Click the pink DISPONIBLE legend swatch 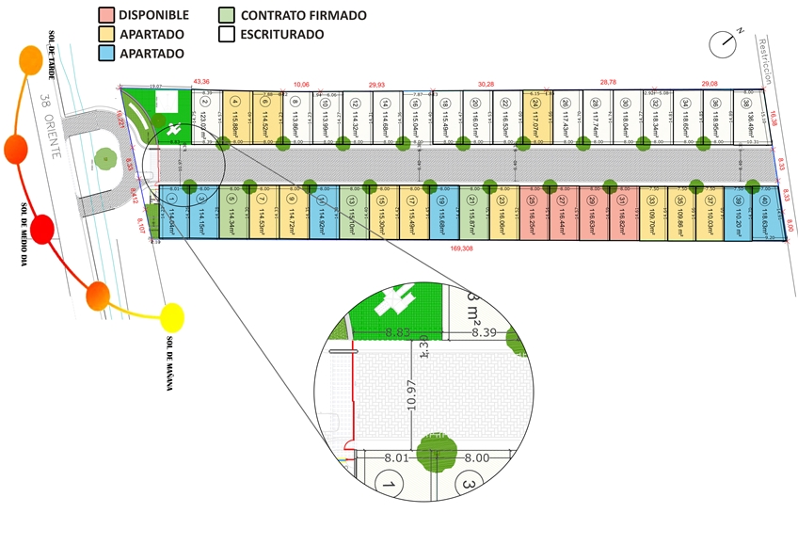pyautogui.click(x=107, y=15)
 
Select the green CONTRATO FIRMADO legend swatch pyautogui.click(x=227, y=15)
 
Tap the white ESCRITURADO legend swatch pyautogui.click(x=227, y=34)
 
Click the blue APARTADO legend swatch pyautogui.click(x=107, y=54)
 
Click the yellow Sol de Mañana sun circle pyautogui.click(x=171, y=317)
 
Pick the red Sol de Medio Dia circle pyautogui.click(x=42, y=229)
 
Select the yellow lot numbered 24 pyautogui.click(x=534, y=118)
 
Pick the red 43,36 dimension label pyautogui.click(x=201, y=82)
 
